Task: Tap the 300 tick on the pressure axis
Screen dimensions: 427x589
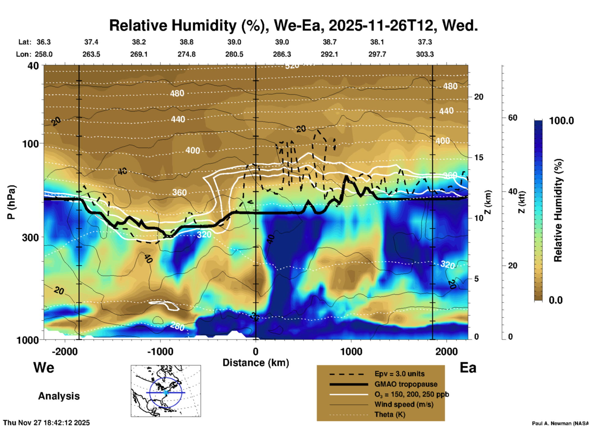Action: pyautogui.click(x=30, y=237)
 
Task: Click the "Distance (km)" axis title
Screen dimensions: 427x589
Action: pyautogui.click(x=256, y=363)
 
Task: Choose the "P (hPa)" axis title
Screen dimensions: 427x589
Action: pyautogui.click(x=11, y=202)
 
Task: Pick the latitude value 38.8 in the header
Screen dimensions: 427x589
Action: pyautogui.click(x=187, y=42)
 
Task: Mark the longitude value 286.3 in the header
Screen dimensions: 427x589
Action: pyautogui.click(x=282, y=54)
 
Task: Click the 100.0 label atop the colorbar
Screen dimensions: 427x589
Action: pyautogui.click(x=561, y=121)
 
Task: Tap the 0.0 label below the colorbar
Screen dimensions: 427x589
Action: pyautogui.click(x=556, y=300)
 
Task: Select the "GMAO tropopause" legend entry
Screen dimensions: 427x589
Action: pyautogui.click(x=406, y=384)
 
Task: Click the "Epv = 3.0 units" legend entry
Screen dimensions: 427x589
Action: pyautogui.click(x=399, y=374)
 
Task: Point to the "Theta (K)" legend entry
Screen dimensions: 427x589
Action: pyautogui.click(x=390, y=414)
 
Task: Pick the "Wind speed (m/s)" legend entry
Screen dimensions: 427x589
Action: pyautogui.click(x=404, y=404)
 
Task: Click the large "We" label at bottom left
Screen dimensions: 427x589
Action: pyautogui.click(x=44, y=367)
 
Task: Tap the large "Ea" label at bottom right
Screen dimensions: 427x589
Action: pyautogui.click(x=468, y=368)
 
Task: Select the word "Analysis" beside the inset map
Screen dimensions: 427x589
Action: pyautogui.click(x=59, y=396)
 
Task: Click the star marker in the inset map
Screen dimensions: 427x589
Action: pyautogui.click(x=166, y=392)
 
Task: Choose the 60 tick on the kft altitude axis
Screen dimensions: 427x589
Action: pyautogui.click(x=513, y=118)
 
